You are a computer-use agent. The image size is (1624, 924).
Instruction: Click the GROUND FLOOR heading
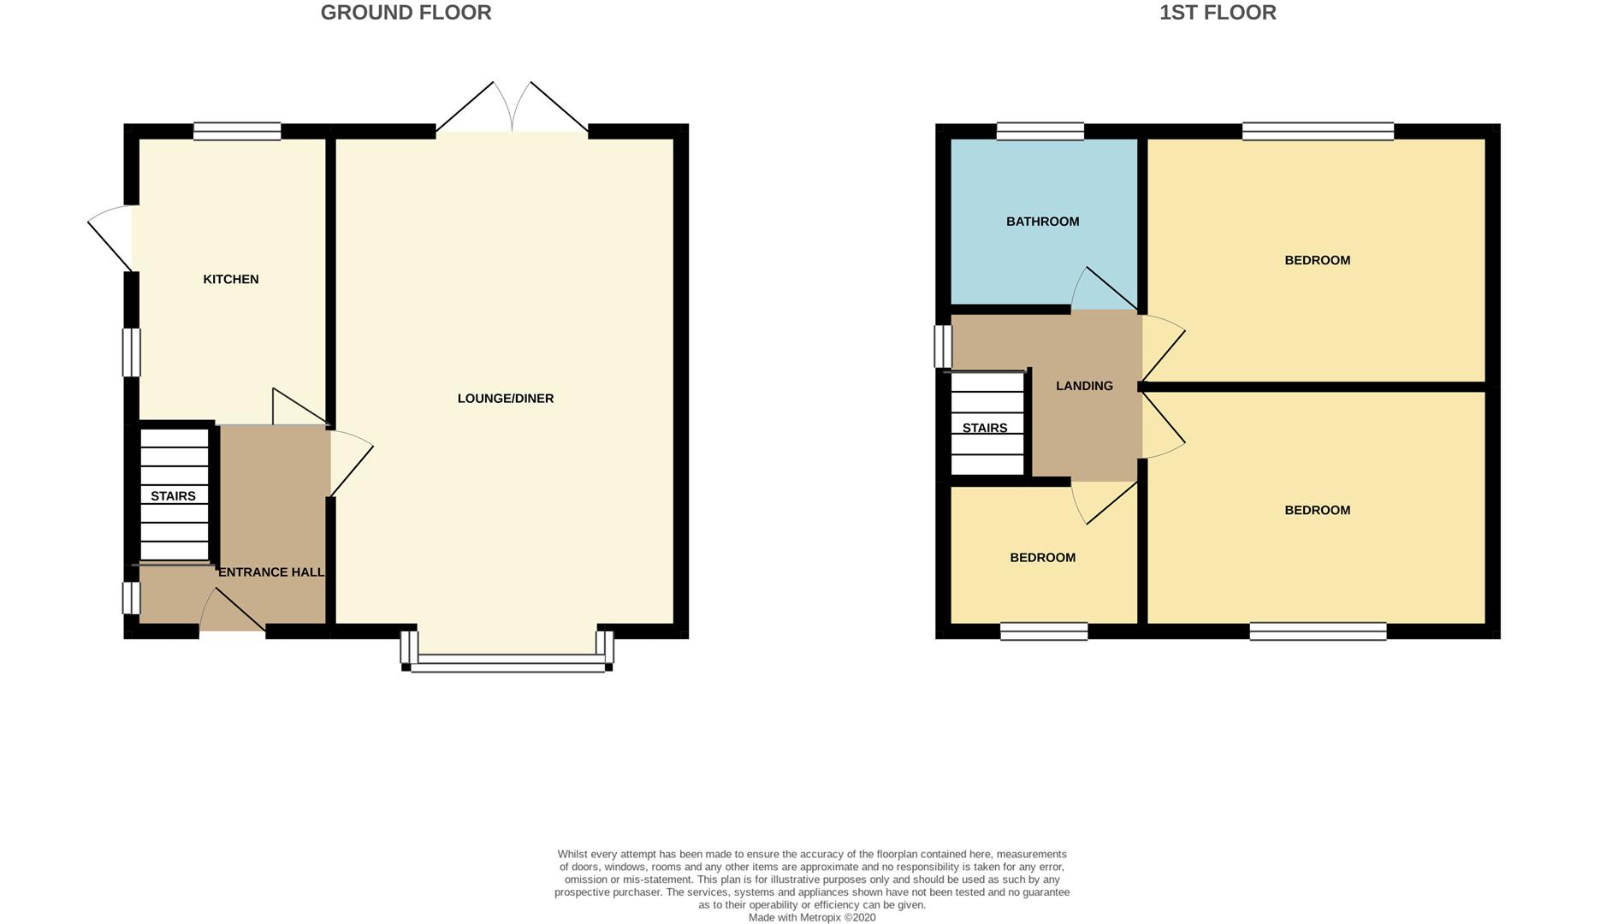406,13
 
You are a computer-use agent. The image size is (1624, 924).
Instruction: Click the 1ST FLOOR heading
1217,13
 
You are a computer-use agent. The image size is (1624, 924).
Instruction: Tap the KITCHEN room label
230,279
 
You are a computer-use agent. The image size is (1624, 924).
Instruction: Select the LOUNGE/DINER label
505,398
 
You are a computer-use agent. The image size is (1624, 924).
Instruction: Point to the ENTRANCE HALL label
271,572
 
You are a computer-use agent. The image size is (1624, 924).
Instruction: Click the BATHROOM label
1042,222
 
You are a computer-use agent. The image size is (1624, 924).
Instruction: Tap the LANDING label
1084,386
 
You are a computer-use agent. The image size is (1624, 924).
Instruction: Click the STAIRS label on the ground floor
173,496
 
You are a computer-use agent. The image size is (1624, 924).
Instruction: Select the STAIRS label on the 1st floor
984,428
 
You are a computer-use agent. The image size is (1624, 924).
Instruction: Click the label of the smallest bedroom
1042,558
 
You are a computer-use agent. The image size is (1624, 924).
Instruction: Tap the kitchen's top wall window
237,132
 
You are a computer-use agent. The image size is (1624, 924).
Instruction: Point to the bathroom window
1040,132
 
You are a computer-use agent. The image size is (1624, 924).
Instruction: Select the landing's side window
942,346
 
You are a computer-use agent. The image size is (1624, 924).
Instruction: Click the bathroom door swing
1103,291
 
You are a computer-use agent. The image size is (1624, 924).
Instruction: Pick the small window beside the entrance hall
131,598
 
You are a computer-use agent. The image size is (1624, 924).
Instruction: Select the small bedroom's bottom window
1043,631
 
